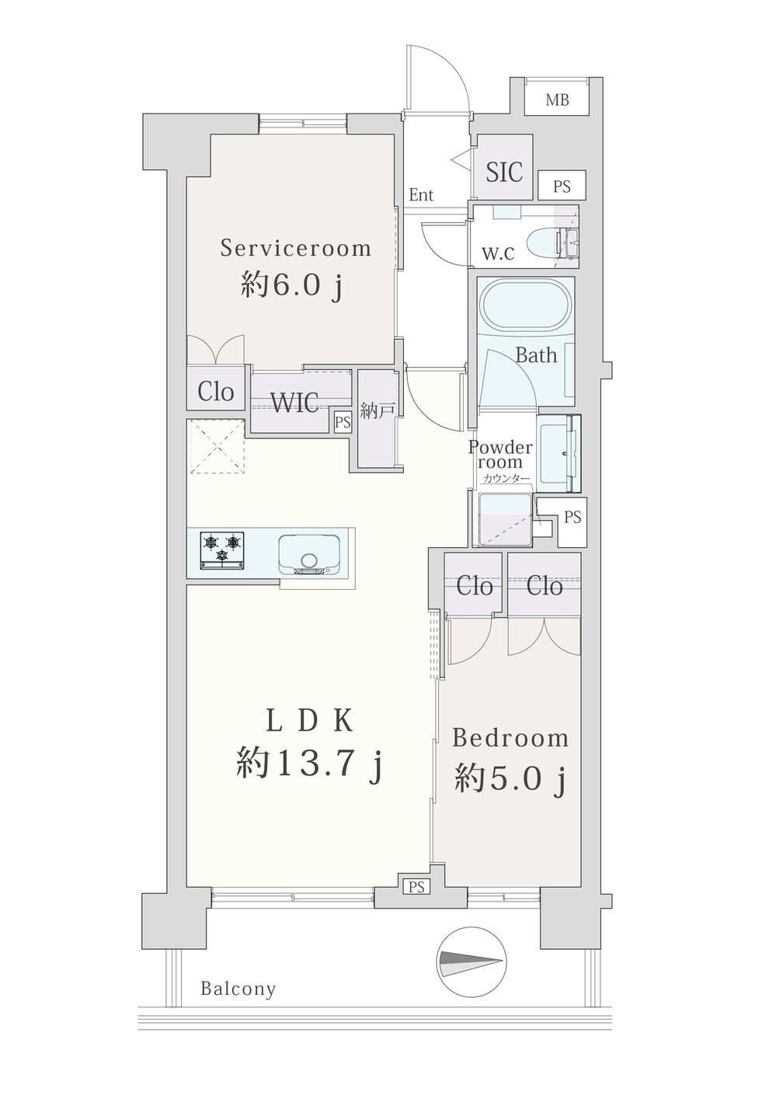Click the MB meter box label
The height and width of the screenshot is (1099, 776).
click(558, 100)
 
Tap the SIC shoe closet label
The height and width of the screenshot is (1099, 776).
click(503, 171)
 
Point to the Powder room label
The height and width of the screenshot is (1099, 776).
click(500, 455)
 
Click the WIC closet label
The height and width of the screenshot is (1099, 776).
click(295, 403)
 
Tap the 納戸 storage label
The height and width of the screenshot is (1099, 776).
click(377, 410)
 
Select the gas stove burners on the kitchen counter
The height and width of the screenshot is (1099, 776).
click(223, 549)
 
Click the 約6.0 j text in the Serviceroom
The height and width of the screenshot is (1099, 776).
click(291, 284)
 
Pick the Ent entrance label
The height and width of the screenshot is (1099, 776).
click(421, 195)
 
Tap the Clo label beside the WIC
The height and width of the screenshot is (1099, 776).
click(216, 392)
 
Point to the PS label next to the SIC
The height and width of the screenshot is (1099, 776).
click(562, 187)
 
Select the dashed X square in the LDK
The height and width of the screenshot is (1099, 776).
click(217, 446)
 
